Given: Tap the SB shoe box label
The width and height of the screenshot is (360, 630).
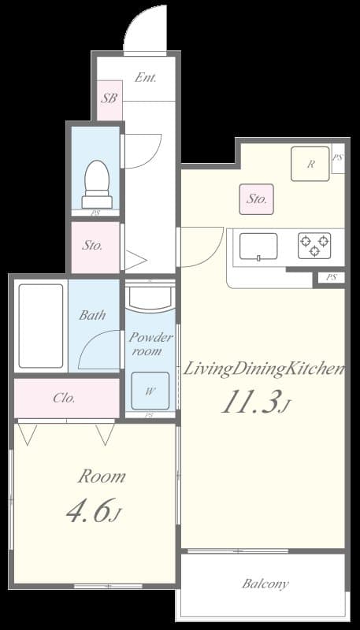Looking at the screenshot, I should (109, 99).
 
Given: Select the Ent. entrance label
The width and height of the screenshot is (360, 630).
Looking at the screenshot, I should (146, 78).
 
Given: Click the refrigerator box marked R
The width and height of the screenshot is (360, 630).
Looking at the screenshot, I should (310, 164).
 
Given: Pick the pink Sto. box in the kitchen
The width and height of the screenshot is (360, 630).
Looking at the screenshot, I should (257, 199).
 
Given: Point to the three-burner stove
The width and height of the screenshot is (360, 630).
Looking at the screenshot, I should (314, 246).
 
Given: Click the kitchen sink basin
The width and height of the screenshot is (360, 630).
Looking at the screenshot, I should (258, 246).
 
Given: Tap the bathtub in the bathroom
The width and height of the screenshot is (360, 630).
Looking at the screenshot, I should (40, 325).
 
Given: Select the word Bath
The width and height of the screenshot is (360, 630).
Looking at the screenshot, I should (92, 315).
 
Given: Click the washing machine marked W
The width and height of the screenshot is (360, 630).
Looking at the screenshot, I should (150, 390).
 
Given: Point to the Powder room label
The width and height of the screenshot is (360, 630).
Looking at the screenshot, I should (150, 344).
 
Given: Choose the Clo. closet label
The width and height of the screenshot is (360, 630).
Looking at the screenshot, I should (65, 398).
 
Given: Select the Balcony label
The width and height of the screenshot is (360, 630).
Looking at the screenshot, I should (265, 584).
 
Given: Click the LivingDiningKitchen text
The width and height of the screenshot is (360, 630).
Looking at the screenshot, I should (264, 369).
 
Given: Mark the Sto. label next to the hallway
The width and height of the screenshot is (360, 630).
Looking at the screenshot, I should (93, 245).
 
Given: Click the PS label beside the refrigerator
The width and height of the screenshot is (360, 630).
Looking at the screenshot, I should (337, 157).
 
